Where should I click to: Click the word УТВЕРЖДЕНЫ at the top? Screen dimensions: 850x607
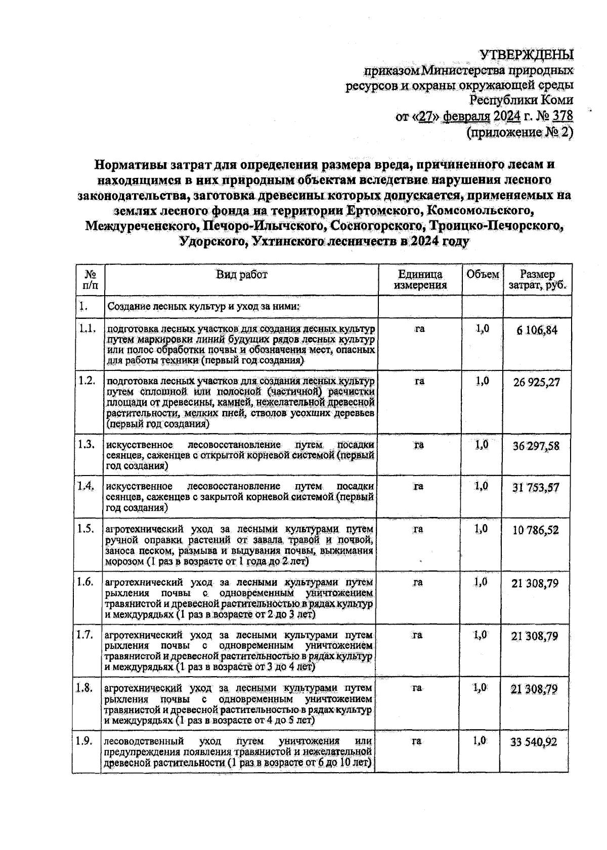[x=527, y=54]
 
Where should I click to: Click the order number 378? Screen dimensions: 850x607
[x=562, y=116]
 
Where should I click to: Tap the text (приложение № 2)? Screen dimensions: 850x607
[x=519, y=132]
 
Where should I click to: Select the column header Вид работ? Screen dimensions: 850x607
[x=242, y=274]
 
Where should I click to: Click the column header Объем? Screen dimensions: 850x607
[x=483, y=274]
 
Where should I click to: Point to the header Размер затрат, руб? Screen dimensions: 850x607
[x=537, y=280]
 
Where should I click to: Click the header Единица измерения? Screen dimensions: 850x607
[x=420, y=279]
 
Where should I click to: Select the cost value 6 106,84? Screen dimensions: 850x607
[x=537, y=330]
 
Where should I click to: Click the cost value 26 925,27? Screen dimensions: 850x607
[x=537, y=382]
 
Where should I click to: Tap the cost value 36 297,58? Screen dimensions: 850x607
[x=537, y=446]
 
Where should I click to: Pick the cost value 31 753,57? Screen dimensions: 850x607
[x=537, y=488]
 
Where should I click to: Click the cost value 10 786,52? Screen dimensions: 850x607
[x=537, y=530]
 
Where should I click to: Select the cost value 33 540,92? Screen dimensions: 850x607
[x=536, y=742]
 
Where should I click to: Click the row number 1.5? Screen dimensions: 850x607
[x=86, y=529]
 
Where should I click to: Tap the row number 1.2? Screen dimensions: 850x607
[x=87, y=381]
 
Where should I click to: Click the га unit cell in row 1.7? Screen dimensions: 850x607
[x=418, y=635]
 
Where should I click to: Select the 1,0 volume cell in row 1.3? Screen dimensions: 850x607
[x=482, y=445]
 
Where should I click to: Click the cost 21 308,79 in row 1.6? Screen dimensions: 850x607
[x=536, y=583]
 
